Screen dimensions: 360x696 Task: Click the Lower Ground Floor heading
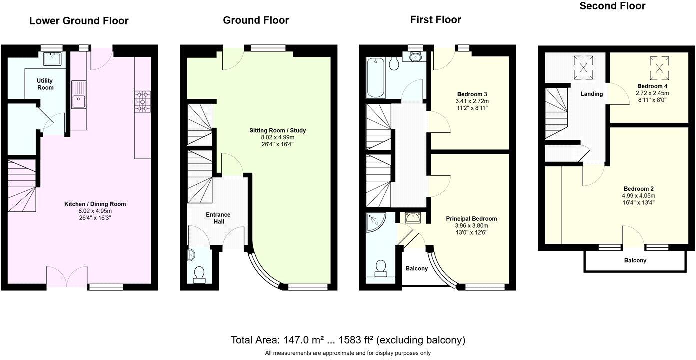79,21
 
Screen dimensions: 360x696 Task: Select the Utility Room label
45,84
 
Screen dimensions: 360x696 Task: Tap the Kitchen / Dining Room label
95,204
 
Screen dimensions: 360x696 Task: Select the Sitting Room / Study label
277,130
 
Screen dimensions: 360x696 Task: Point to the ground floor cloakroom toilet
199,274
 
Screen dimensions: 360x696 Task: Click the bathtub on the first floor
374,78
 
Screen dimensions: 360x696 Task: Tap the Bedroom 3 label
472,94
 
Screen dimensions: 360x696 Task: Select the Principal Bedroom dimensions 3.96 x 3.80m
471,225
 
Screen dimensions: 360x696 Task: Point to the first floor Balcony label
416,268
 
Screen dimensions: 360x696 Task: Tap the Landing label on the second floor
591,94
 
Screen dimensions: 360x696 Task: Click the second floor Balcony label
635,260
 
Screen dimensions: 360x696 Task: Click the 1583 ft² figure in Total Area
356,340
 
